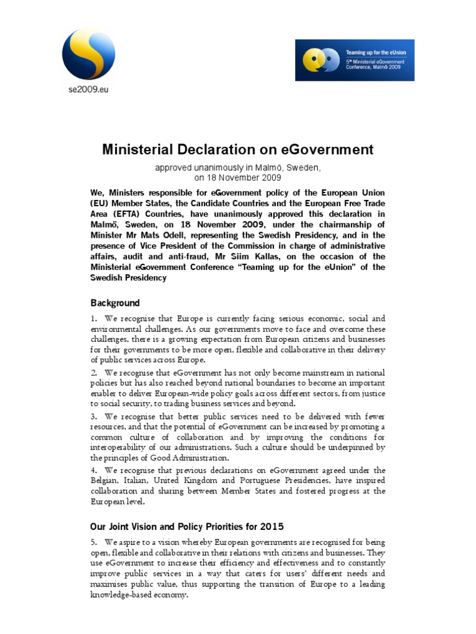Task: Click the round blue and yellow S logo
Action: tap(88, 53)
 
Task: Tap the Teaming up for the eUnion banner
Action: tap(355, 60)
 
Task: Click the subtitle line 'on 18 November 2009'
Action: tap(238, 177)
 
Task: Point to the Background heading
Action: tap(115, 303)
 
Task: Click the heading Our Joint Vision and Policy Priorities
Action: tap(187, 527)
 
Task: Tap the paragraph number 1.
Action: tap(93, 318)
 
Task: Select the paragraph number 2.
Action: tap(93, 373)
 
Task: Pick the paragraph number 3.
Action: tap(93, 417)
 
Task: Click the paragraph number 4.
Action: tap(93, 470)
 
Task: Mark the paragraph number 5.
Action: tap(93, 542)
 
